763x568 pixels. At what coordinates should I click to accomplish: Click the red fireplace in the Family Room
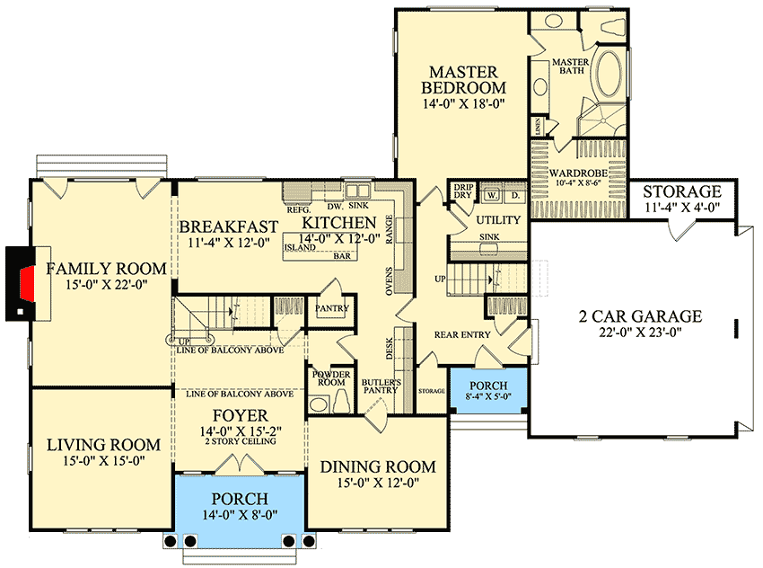coord(28,283)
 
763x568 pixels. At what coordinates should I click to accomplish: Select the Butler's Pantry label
coord(380,386)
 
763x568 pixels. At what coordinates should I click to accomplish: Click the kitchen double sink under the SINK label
coord(358,191)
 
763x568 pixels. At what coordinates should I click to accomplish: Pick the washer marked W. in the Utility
coord(492,194)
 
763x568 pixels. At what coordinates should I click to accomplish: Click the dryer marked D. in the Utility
coord(515,194)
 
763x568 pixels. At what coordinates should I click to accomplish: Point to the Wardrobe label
coord(574,173)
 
